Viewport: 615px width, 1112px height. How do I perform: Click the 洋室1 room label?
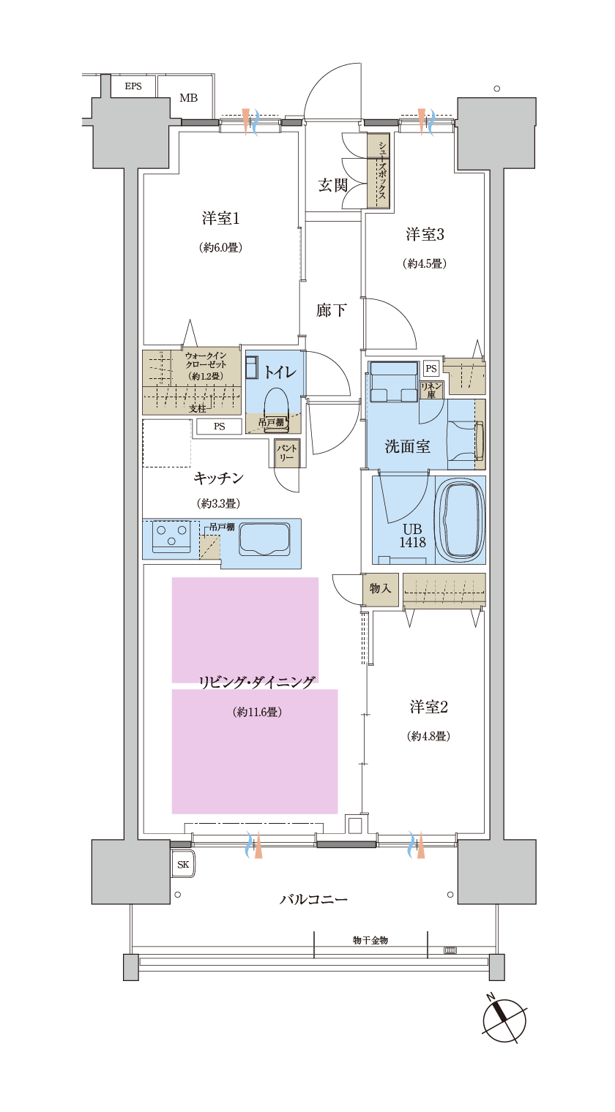point(220,218)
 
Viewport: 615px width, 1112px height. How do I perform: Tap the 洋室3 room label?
point(425,234)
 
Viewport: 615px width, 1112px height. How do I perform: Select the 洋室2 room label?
point(428,707)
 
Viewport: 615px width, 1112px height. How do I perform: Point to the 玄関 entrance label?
point(332,186)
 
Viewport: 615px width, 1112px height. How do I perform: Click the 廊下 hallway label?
point(331,311)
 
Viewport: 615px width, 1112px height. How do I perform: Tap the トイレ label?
point(280,372)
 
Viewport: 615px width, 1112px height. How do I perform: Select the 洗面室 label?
point(407,446)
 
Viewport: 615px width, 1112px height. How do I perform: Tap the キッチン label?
point(218,478)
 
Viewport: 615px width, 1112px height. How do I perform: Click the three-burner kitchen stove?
point(171,537)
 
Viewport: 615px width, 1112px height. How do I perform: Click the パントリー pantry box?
point(286,453)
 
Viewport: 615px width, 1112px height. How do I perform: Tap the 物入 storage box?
point(380,588)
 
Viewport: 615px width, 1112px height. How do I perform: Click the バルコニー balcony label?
point(313,899)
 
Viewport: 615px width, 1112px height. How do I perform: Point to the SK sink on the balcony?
point(182,865)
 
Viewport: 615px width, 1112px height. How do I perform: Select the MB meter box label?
point(188,98)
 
